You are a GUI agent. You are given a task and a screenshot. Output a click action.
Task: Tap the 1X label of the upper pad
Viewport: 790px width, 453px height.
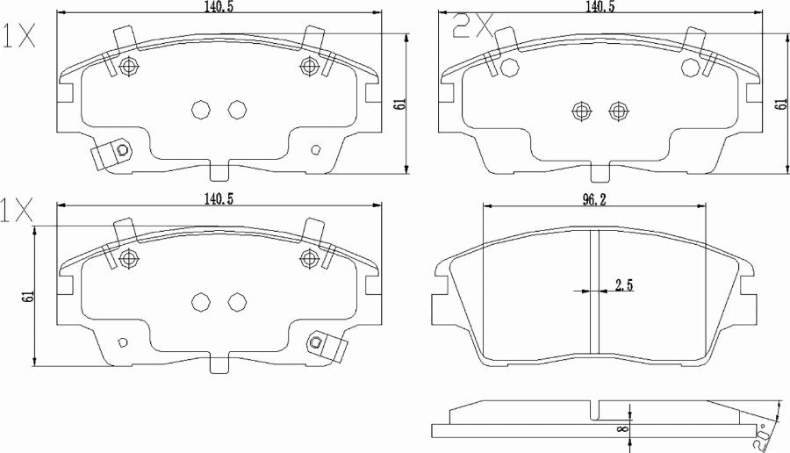point(19,35)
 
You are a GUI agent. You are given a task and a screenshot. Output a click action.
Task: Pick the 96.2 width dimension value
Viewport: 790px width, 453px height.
point(596,199)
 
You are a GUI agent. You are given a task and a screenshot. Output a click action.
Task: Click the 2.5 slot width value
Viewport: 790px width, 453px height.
point(624,284)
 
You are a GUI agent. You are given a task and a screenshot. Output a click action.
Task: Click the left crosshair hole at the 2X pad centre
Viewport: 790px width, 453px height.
point(579,110)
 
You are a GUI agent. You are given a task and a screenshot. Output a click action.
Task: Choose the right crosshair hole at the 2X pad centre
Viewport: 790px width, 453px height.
point(617,110)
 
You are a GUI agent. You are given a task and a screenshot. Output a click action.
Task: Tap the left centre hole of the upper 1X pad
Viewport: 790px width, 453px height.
point(199,110)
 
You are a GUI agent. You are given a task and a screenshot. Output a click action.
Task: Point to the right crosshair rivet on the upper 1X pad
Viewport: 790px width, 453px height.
point(309,66)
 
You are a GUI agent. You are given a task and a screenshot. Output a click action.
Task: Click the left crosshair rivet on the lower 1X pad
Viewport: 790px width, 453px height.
point(130,257)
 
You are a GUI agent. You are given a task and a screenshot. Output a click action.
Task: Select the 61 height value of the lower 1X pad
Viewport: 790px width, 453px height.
point(28,297)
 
